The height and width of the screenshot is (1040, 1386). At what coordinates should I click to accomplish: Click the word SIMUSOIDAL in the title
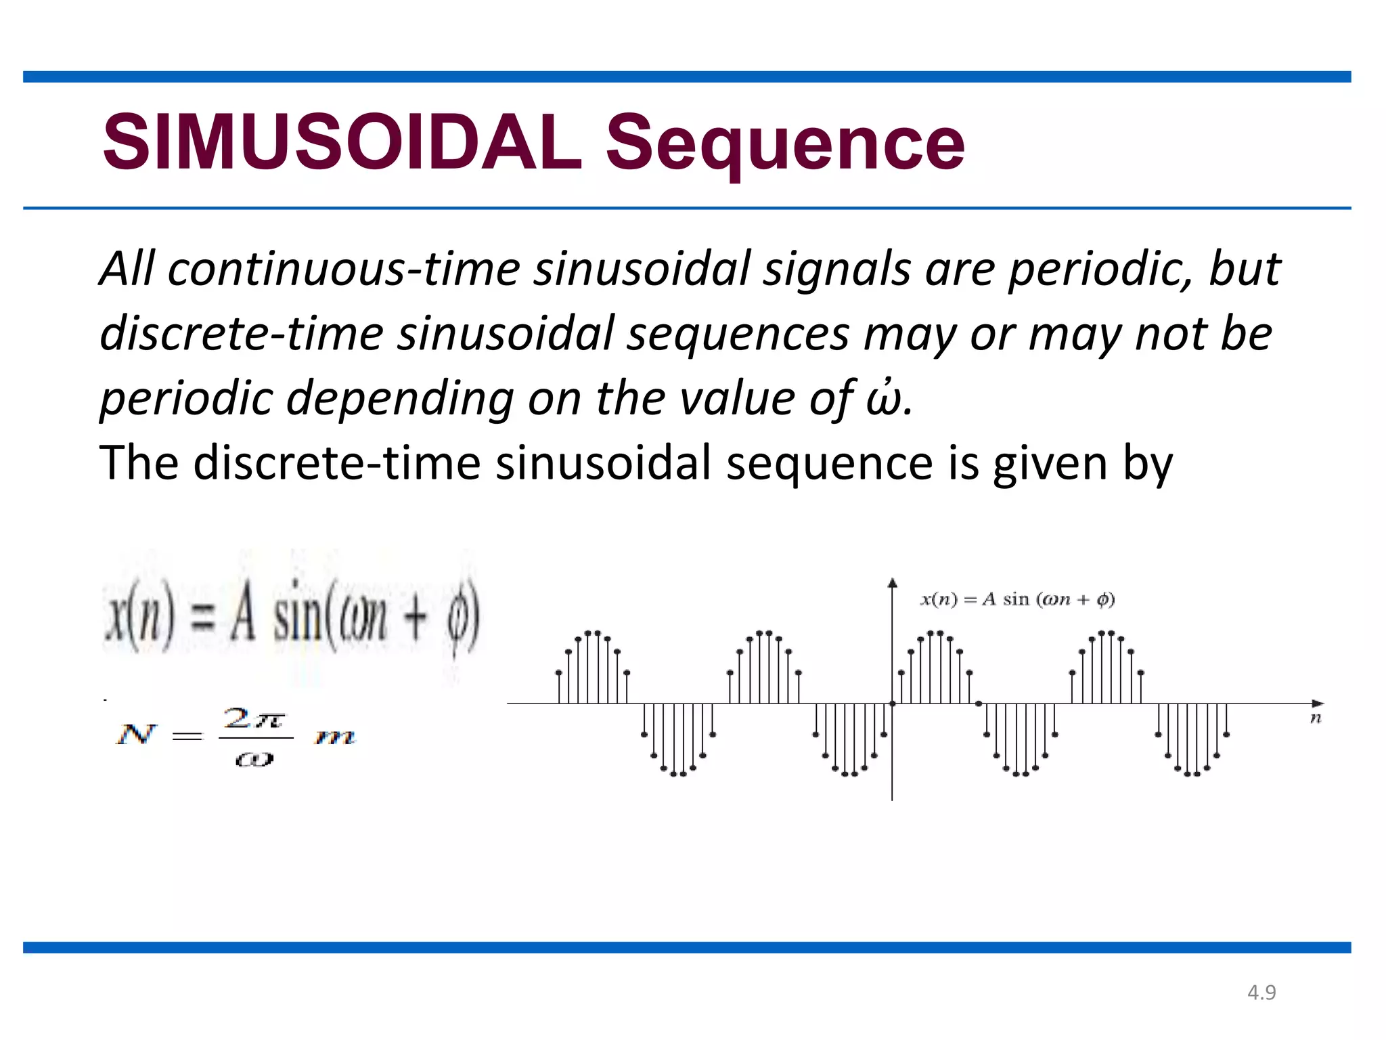click(x=342, y=143)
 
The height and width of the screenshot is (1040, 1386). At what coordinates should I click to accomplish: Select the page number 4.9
click(x=1261, y=993)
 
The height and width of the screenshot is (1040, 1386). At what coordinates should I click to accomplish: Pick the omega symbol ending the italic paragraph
click(x=884, y=399)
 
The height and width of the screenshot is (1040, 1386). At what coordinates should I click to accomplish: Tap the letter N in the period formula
click(x=136, y=735)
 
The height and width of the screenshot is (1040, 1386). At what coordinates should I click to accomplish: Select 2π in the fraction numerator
click(x=254, y=718)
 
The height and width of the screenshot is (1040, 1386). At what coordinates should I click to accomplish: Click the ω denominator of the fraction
click(x=254, y=760)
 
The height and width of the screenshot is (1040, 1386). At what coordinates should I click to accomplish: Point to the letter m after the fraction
click(x=335, y=737)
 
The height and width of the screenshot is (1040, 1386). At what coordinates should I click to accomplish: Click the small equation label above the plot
click(x=1017, y=600)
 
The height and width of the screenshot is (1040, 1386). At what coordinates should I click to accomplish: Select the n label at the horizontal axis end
click(x=1315, y=718)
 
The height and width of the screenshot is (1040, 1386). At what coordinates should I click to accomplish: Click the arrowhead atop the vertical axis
click(x=893, y=583)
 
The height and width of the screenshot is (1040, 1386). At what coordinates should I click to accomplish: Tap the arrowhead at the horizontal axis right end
click(x=1318, y=703)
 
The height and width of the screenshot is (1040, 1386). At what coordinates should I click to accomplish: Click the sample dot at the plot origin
click(x=892, y=703)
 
